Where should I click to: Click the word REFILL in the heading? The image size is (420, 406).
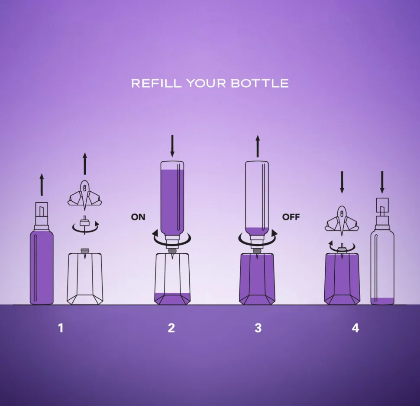156,83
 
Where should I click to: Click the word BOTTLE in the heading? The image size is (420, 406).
259,83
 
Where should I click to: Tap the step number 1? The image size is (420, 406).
61,328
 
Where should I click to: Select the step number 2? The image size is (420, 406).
171,328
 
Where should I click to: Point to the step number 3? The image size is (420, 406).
258,328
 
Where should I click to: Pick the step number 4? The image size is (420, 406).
355,328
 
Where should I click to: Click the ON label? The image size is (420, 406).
138,217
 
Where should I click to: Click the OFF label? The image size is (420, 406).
291,217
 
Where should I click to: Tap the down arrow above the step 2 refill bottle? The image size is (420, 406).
172,146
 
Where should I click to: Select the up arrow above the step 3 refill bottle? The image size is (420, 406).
258,146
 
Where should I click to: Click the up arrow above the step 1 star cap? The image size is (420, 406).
84,164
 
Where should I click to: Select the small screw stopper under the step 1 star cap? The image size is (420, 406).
84,224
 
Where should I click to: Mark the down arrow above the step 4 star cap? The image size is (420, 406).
342,182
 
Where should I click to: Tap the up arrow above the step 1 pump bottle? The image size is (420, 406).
42,185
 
